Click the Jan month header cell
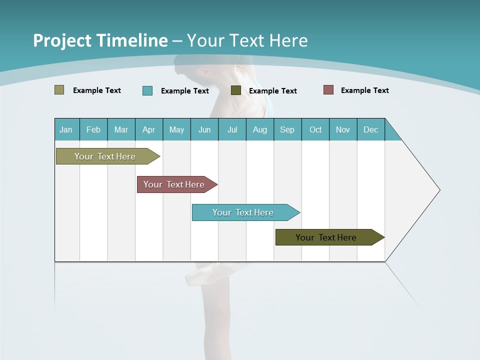pyautogui.click(x=66, y=129)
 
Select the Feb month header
pyautogui.click(x=93, y=129)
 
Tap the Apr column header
pyautogui.click(x=149, y=129)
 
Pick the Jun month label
pyautogui.click(x=204, y=129)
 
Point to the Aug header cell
pyautogui.click(x=260, y=129)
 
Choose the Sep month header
pyautogui.click(x=287, y=129)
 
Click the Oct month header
pyautogui.click(x=315, y=129)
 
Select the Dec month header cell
pyautogui.click(x=371, y=129)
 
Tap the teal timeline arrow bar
pyautogui.click(x=244, y=212)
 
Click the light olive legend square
pyautogui.click(x=59, y=90)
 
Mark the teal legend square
pyautogui.click(x=147, y=90)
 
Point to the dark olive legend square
pyautogui.click(x=236, y=90)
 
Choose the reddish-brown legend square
pyautogui.click(x=328, y=90)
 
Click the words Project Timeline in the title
pyautogui.click(x=100, y=40)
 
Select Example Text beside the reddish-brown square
pyautogui.click(x=364, y=90)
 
